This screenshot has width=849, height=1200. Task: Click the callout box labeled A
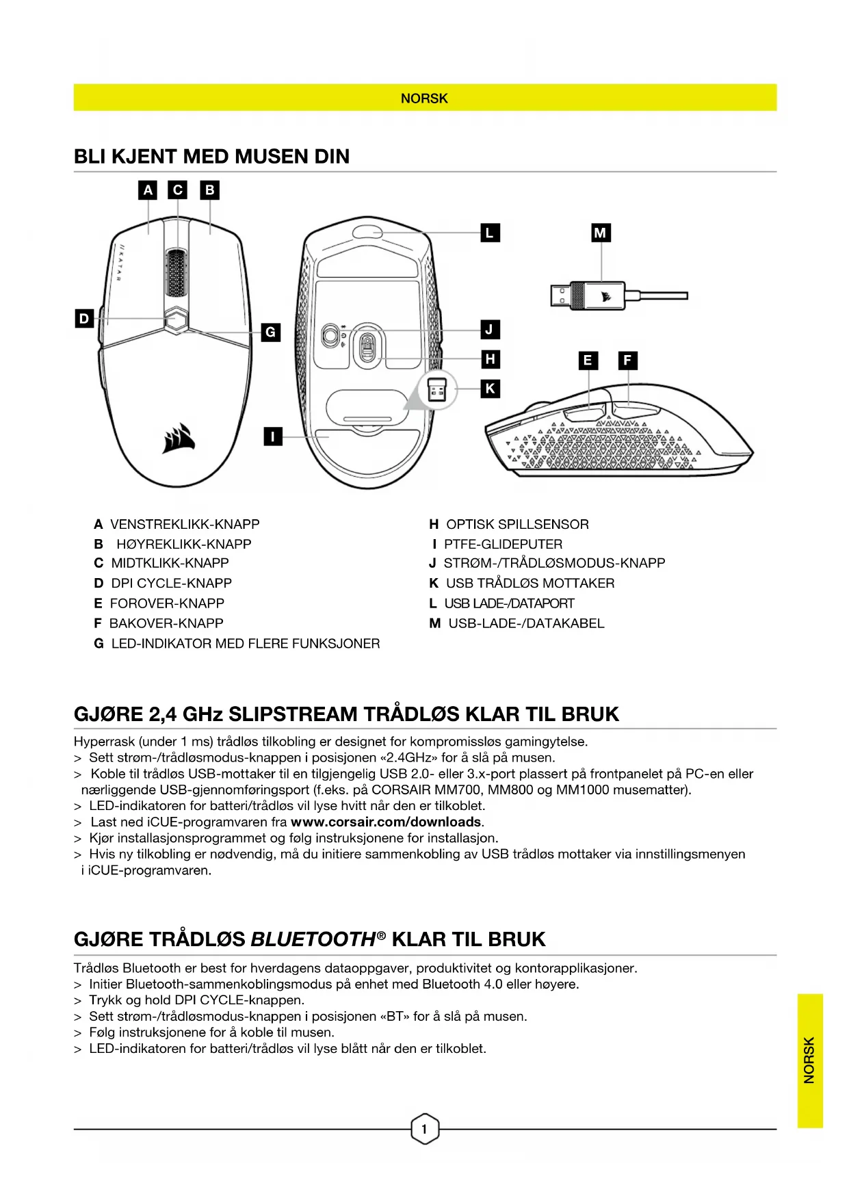(148, 190)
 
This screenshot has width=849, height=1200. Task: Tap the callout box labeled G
(271, 332)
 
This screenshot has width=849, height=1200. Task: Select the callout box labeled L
(490, 233)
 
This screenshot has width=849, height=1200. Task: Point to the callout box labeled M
(601, 233)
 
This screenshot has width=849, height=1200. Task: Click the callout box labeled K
(490, 389)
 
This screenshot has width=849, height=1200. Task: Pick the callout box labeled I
(273, 436)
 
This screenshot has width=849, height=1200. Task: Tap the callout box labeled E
(588, 361)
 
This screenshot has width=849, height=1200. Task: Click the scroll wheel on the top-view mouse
(177, 272)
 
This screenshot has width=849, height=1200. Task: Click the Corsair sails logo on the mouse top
(179, 438)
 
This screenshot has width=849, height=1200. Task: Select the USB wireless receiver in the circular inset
(437, 391)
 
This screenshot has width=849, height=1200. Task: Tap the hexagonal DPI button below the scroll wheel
(177, 319)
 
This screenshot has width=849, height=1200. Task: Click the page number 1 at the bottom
(424, 1129)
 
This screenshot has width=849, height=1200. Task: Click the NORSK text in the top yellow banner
(424, 99)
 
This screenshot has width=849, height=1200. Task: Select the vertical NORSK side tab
(809, 1060)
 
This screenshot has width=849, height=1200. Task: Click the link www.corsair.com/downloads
(387, 822)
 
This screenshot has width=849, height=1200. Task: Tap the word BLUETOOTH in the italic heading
(313, 939)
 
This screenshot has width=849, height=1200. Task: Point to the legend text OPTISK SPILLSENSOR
(517, 525)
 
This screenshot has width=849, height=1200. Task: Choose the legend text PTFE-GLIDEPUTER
(503, 545)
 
